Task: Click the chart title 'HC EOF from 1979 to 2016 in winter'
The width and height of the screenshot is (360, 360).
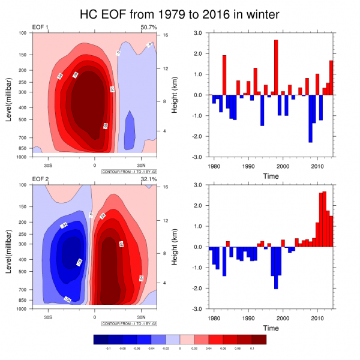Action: [x=179, y=13]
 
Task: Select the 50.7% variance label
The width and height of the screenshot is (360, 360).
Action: [x=148, y=28]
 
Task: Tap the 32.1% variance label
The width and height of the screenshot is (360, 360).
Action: [x=148, y=179]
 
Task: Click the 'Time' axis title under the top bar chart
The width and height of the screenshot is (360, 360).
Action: [x=270, y=176]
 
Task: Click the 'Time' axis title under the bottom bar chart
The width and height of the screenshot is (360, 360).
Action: [x=270, y=328]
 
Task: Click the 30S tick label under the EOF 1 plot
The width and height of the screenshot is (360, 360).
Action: [x=49, y=165]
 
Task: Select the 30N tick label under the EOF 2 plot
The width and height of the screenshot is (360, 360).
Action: [x=141, y=317]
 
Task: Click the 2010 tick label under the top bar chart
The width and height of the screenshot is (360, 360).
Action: [x=317, y=165]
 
